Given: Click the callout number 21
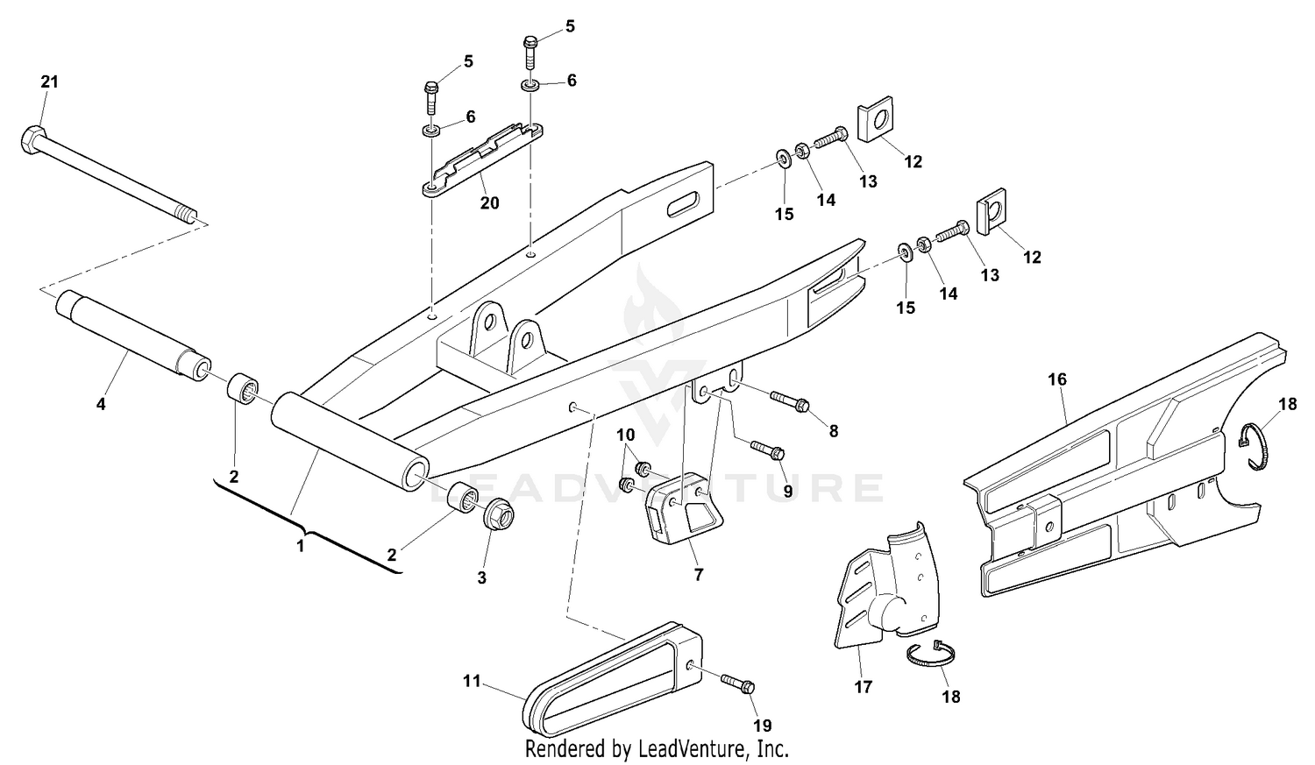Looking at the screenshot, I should (49, 81).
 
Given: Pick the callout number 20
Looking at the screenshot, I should (489, 203).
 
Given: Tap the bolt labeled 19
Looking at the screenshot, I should (738, 684).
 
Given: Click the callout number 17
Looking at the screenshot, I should (864, 688).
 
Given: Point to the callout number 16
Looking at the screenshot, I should (1057, 379).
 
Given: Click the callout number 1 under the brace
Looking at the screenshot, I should (300, 546).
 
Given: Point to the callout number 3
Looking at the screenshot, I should (481, 578).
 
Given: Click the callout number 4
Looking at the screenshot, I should (101, 405).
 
